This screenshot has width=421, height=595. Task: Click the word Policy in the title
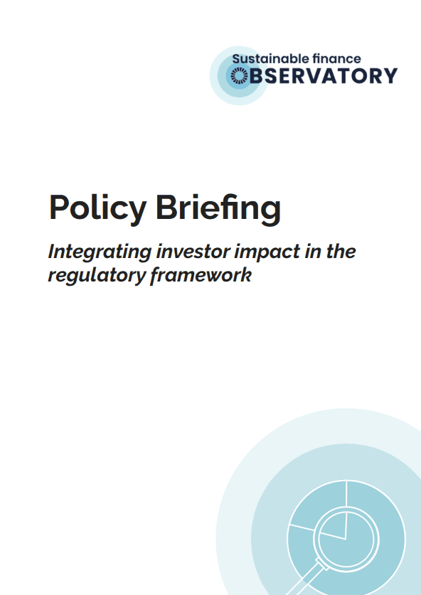pos(97,208)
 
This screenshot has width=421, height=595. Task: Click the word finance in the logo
pos(339,60)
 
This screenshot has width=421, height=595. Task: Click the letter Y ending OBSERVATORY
pos(389,75)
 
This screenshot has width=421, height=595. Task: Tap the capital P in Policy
pos(59,208)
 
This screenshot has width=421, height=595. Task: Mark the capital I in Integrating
pos(51,252)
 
